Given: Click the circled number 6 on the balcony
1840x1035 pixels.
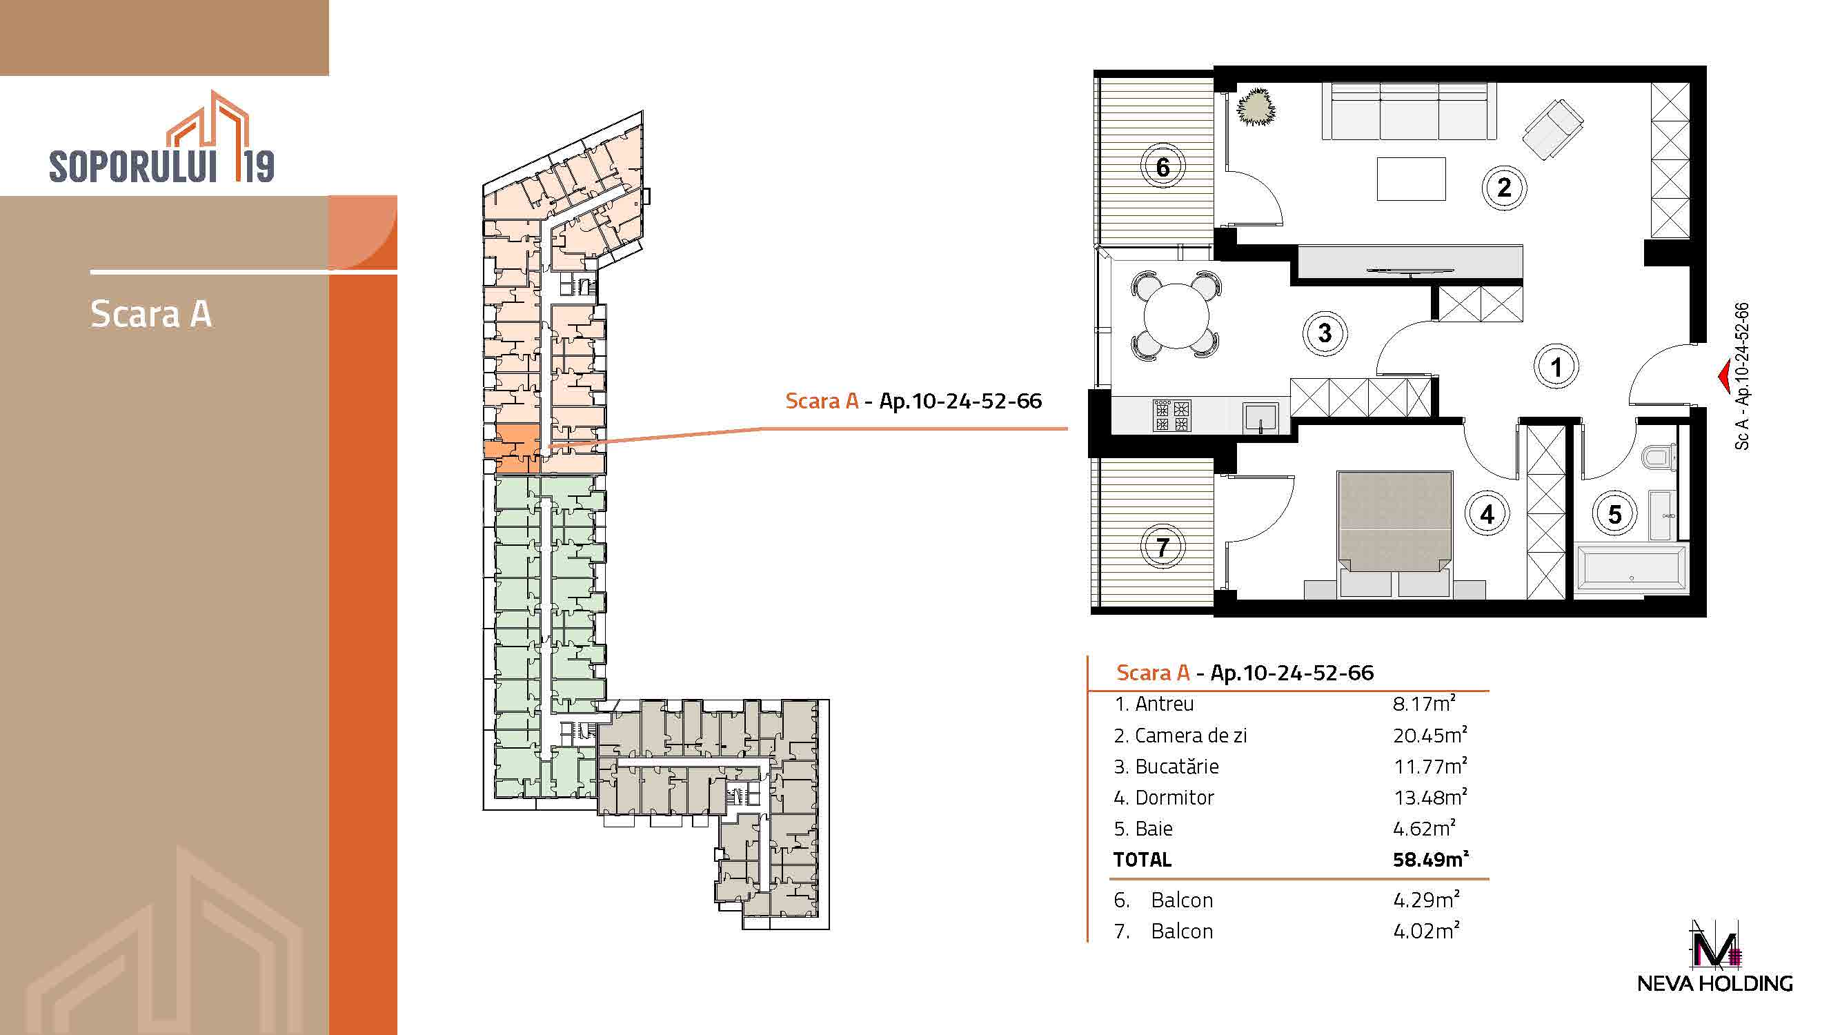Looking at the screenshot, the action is pos(1163,166).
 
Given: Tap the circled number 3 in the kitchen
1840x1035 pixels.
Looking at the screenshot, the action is pos(1325,333).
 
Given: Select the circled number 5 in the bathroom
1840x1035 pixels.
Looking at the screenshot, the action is pos(1615,514).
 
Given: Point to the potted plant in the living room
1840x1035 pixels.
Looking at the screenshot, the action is pos(1256,108).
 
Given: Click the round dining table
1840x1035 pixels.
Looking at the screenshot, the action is pos(1176,315).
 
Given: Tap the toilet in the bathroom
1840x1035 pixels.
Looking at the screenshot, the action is pos(1659,456).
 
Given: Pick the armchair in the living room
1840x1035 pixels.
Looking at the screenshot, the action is pos(1553,128).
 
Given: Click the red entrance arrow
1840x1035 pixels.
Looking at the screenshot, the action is pos(1722,378).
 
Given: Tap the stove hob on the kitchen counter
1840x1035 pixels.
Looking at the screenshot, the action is pos(1172,415).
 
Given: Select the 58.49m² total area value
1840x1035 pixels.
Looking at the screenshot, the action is pos(1430,858).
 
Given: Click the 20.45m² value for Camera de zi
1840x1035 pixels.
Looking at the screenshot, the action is pos(1430,735).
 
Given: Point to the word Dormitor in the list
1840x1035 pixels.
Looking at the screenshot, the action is pos(1174,797).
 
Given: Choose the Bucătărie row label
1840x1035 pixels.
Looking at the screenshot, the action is pos(1167,767).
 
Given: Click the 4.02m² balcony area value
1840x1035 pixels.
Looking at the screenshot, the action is pos(1426,931).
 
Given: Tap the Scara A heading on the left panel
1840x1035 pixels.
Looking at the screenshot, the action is pos(150,313).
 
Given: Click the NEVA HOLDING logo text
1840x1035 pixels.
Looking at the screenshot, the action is pos(1715,983).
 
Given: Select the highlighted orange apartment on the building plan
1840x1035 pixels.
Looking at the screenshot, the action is pos(513,448).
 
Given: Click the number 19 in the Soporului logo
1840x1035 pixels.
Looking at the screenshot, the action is pos(256,166).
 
